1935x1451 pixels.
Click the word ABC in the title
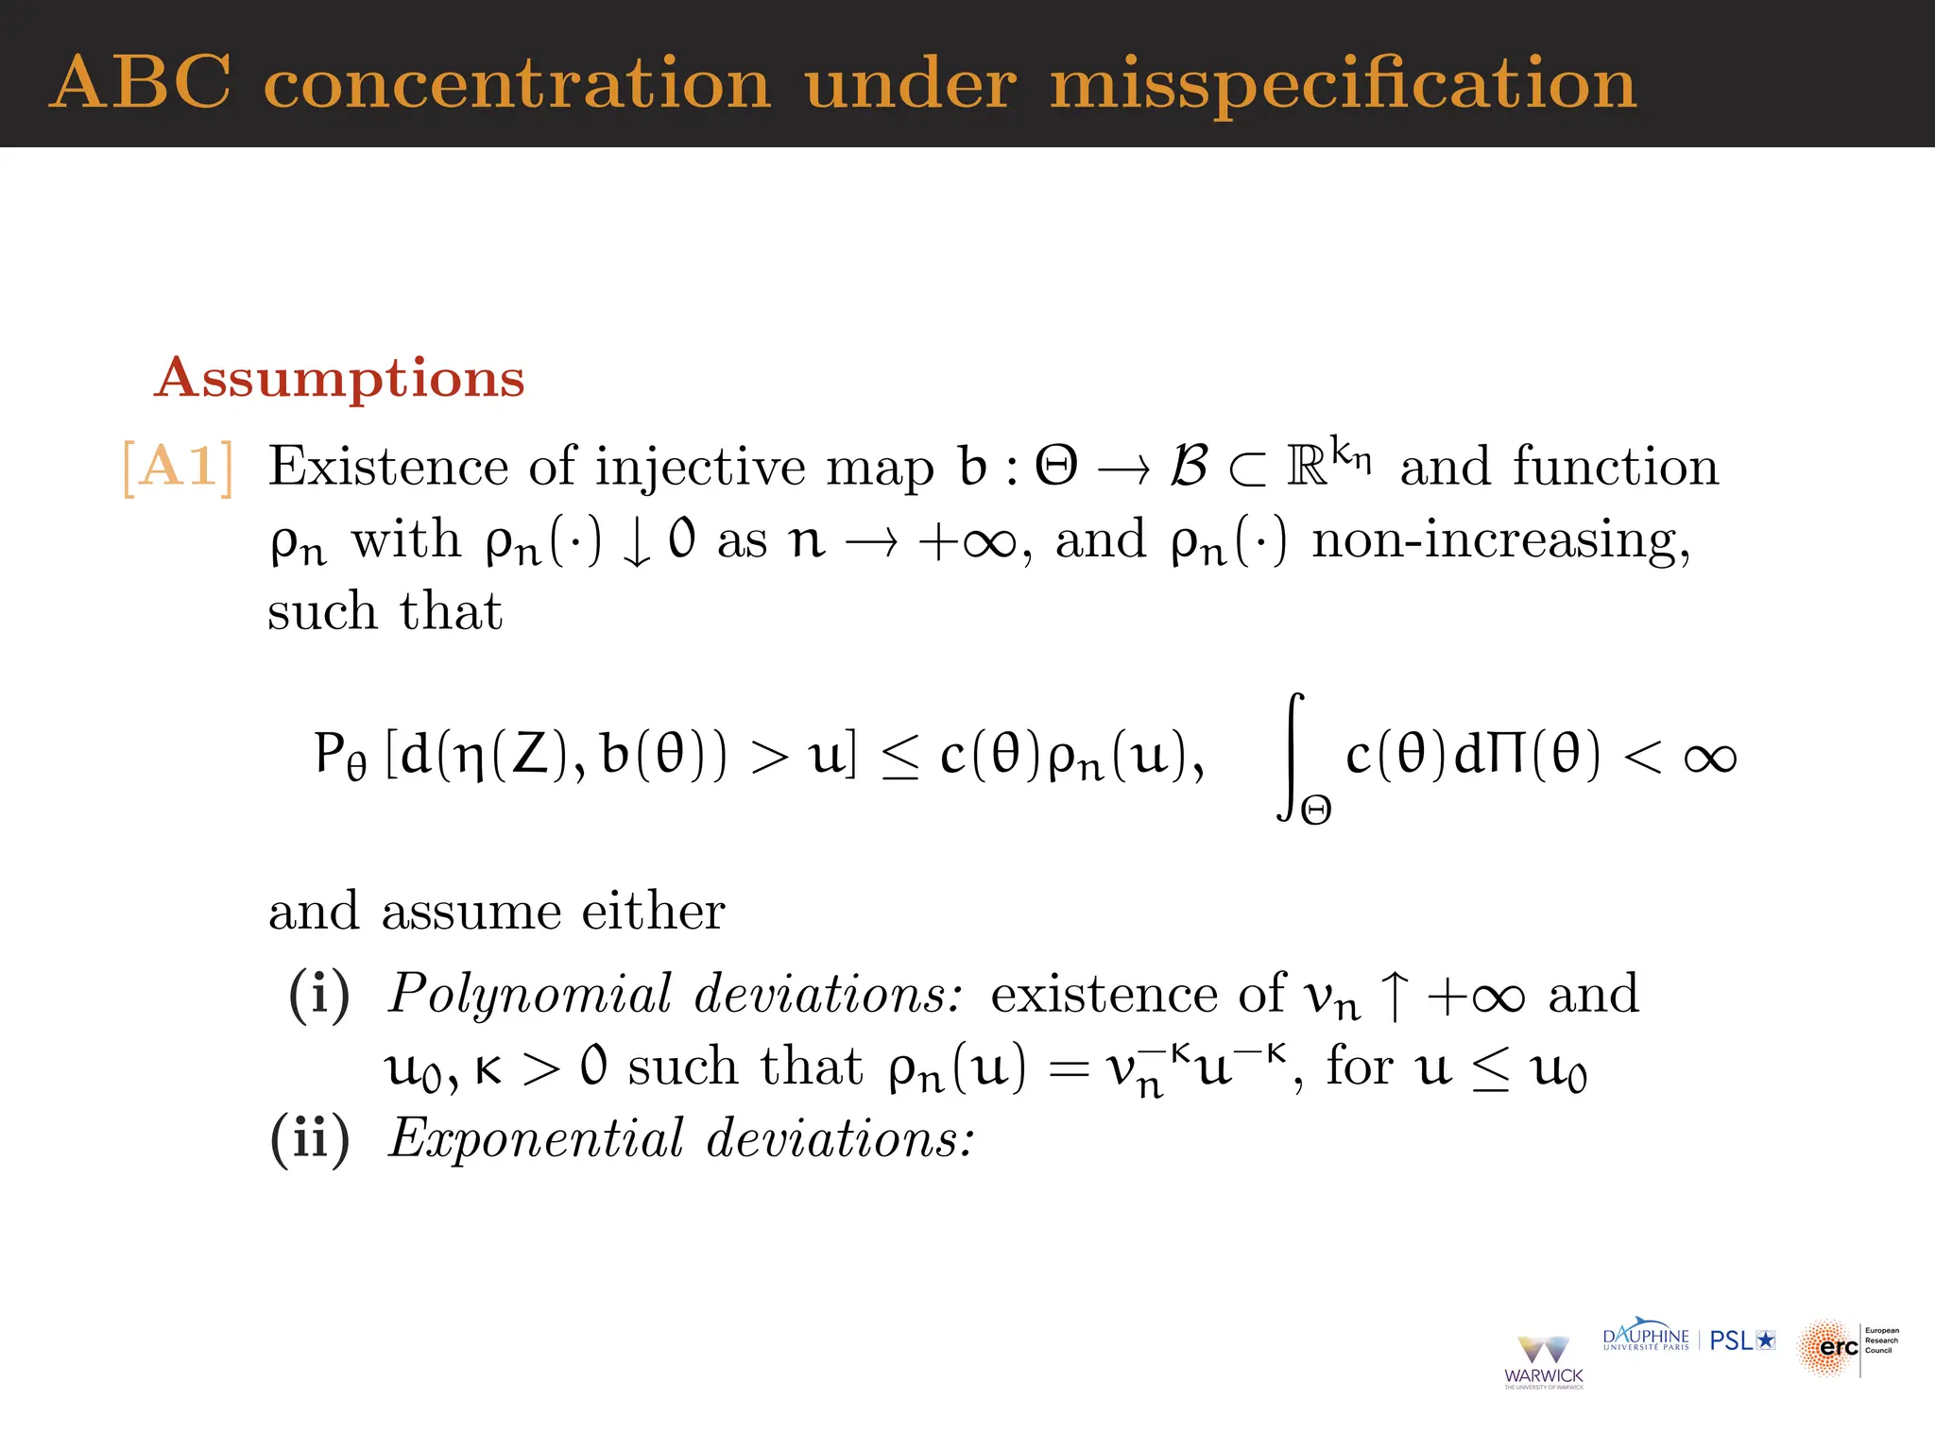(141, 83)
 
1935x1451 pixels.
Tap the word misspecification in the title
(1343, 85)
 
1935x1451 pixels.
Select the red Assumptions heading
(339, 378)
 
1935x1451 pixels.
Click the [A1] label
(178, 467)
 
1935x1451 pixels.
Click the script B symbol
(1189, 466)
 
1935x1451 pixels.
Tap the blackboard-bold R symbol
(1307, 467)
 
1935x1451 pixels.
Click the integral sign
(1293, 756)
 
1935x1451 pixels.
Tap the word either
(653, 912)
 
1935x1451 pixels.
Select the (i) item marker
(319, 995)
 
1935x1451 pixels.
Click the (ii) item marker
(310, 1137)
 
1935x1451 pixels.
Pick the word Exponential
(536, 1137)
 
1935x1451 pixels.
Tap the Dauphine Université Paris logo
(1646, 1339)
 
